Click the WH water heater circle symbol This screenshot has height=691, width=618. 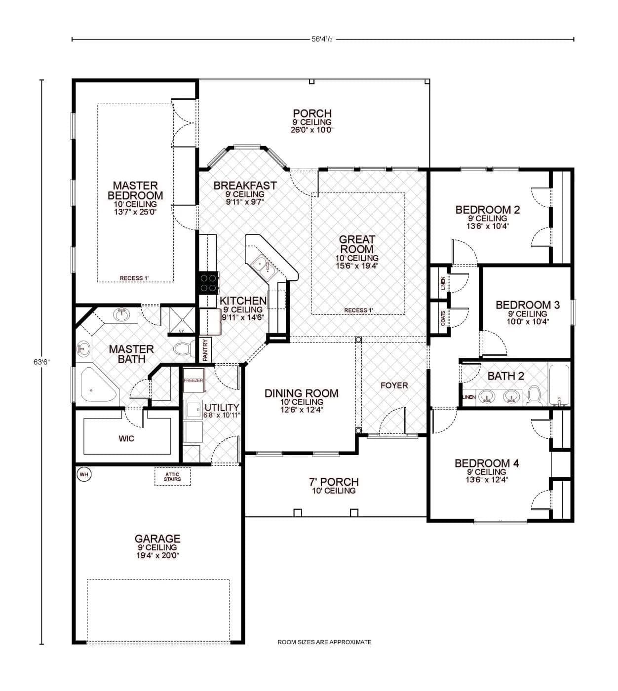[84, 474]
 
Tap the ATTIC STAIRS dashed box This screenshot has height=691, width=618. [172, 477]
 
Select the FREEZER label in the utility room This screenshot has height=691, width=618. [193, 381]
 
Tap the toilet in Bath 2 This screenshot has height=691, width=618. [534, 395]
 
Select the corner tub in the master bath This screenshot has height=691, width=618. [97, 385]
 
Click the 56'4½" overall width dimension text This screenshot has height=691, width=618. [323, 39]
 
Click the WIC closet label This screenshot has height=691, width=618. [126, 438]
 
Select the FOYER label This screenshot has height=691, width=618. [394, 385]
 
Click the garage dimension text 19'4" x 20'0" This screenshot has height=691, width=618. [158, 555]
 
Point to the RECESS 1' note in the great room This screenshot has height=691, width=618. [358, 310]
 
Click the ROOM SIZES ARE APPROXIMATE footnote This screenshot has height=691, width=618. [324, 642]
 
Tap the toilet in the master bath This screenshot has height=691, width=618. [184, 349]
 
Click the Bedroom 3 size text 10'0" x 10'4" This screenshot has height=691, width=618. [528, 321]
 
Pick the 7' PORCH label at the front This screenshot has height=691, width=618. [334, 482]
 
